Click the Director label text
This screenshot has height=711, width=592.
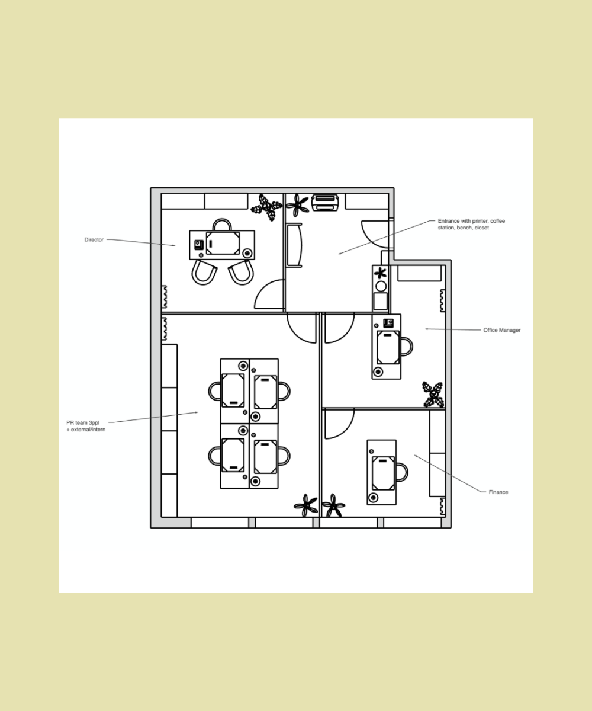94,240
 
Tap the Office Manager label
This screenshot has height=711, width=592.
501,330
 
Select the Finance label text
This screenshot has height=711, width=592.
498,492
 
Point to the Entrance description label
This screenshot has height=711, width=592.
471,224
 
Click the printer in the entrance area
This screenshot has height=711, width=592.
324,202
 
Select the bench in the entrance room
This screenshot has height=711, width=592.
294,245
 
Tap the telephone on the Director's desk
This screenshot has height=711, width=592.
200,244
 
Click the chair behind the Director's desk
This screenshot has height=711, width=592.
222,225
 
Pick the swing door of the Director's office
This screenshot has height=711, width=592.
269,295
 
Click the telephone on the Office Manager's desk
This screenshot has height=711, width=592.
389,323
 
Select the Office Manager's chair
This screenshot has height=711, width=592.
406,347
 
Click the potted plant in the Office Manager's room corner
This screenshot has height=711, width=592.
433,395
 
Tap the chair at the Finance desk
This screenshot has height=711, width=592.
401,472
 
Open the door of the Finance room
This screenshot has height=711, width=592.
339,424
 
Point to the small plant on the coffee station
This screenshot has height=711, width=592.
381,273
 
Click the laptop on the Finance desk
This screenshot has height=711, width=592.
383,472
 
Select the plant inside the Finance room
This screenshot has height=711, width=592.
333,505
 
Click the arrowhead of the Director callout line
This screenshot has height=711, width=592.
174,245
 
